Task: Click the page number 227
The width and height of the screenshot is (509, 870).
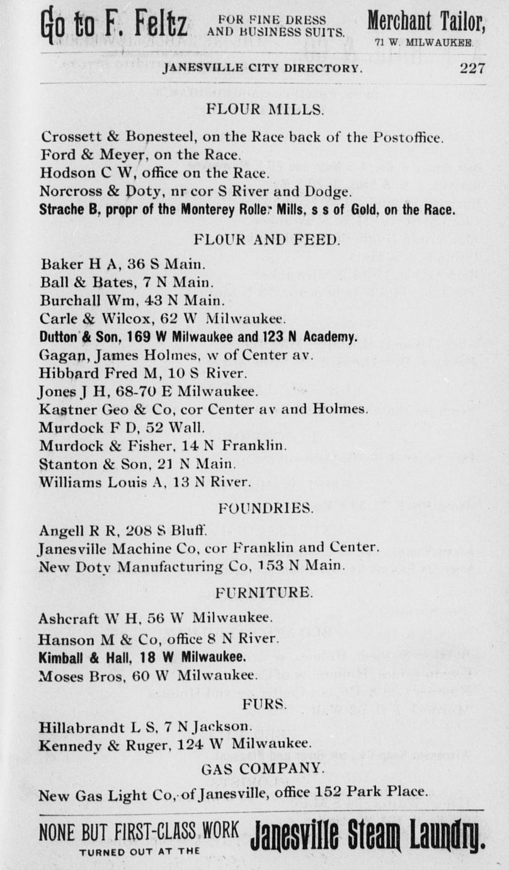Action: (x=472, y=69)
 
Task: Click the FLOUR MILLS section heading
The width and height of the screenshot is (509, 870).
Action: (x=265, y=110)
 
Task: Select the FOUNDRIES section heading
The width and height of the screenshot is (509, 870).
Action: (x=265, y=507)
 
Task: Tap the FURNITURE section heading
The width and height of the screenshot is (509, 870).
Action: (x=264, y=593)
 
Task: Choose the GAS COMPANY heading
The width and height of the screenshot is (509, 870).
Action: (x=263, y=768)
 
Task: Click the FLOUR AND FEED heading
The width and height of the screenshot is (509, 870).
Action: (x=266, y=240)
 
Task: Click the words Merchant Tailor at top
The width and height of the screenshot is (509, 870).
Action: (x=426, y=23)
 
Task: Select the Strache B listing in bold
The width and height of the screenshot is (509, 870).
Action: (x=247, y=210)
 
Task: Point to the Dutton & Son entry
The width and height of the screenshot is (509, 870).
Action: (x=198, y=337)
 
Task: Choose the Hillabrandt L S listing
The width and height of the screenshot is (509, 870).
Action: (x=146, y=726)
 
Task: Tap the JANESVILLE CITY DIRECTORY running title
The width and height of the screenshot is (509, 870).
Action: (x=262, y=69)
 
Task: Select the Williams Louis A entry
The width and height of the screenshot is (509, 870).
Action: (x=145, y=483)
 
